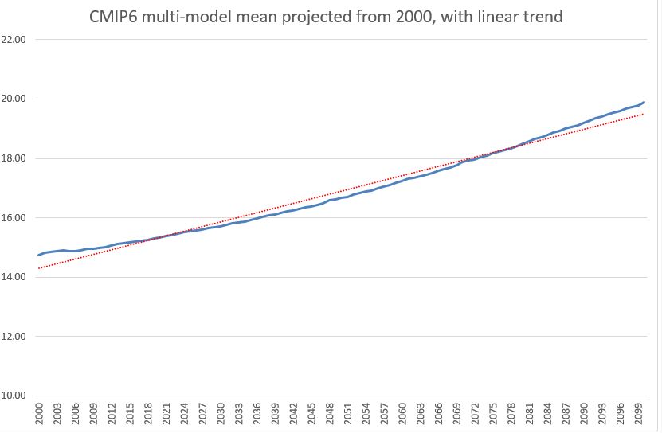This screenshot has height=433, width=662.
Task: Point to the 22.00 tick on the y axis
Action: [x=15, y=40]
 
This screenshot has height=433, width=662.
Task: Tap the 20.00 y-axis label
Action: [x=15, y=99]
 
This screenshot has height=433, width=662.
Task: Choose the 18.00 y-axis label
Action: [x=15, y=158]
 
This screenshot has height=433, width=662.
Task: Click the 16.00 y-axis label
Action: [x=15, y=218]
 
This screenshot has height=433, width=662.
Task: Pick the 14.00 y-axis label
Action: [x=15, y=277]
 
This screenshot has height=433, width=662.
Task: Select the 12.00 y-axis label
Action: [x=15, y=337]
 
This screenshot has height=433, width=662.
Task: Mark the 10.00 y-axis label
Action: [x=15, y=396]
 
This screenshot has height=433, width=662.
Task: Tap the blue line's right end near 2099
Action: [x=644, y=102]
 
